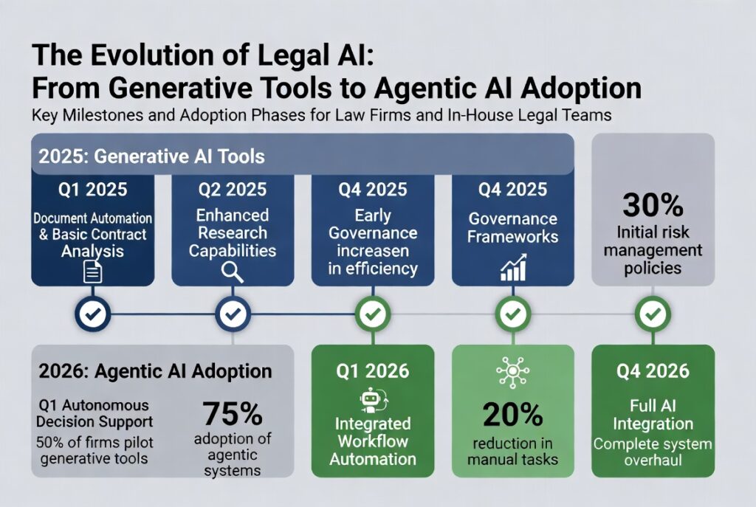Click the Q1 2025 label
(92, 190)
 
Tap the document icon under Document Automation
(92, 271)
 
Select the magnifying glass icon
(233, 272)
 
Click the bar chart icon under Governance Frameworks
(513, 267)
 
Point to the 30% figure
(653, 205)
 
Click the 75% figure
(233, 413)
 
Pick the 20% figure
(513, 415)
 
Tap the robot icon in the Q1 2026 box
(373, 400)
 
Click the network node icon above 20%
(513, 372)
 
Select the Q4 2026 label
(653, 371)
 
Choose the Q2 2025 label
(233, 190)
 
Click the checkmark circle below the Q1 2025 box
(92, 314)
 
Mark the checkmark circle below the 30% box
(653, 314)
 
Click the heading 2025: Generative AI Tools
(152, 156)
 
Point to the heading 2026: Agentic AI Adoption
(155, 371)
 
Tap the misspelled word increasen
(373, 251)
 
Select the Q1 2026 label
(373, 371)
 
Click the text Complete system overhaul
(653, 452)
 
